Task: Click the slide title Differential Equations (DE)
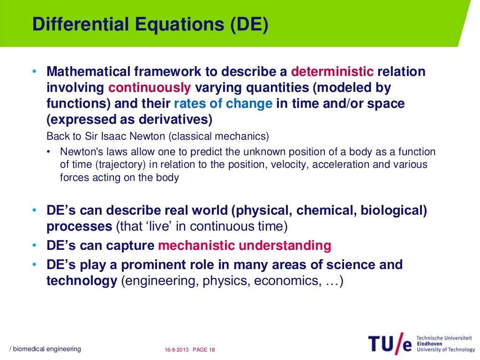click(150, 25)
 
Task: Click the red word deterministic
click(332, 72)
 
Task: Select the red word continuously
click(150, 88)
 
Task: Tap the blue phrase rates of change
click(223, 104)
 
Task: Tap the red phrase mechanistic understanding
click(244, 246)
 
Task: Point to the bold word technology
click(82, 281)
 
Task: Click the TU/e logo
click(390, 344)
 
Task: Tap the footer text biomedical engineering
click(46, 349)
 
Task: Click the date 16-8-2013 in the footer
click(176, 350)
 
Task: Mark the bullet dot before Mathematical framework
click(34, 72)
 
